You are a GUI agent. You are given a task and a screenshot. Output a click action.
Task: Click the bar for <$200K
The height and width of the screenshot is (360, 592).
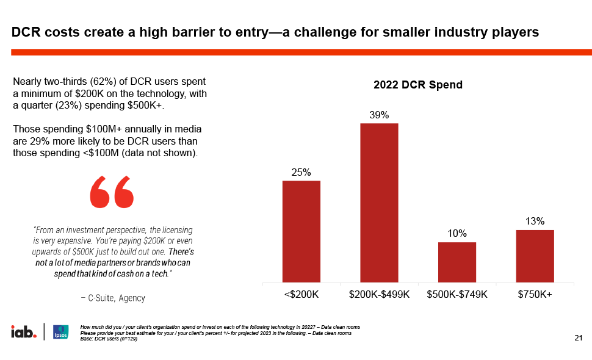[301, 231]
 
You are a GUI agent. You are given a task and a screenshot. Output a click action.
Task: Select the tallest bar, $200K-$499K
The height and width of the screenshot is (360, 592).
[379, 203]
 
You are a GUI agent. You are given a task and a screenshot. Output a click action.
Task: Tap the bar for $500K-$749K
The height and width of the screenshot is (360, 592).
[457, 262]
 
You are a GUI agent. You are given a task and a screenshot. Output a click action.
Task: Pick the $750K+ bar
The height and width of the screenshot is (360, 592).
[535, 256]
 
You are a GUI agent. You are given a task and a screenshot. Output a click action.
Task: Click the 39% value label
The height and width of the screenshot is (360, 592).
[379, 115]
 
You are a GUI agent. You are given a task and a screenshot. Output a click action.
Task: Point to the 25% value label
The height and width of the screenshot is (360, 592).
[301, 173]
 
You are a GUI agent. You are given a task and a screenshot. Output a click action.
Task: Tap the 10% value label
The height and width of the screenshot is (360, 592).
[457, 234]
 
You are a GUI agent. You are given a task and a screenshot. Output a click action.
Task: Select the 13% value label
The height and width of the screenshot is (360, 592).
[535, 221]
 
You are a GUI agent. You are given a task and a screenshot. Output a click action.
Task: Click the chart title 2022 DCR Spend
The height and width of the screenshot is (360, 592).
[418, 85]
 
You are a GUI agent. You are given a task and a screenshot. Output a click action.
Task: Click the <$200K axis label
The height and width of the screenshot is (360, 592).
[301, 294]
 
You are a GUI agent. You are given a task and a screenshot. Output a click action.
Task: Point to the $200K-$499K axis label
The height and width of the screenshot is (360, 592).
[379, 294]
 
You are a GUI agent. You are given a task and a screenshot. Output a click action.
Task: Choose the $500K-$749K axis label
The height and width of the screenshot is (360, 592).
[457, 294]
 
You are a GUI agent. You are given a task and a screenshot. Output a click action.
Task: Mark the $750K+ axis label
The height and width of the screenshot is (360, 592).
[535, 294]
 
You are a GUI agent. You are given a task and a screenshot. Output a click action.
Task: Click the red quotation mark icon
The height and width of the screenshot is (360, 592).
[112, 192]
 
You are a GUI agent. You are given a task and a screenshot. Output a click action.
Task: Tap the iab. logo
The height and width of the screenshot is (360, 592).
[24, 332]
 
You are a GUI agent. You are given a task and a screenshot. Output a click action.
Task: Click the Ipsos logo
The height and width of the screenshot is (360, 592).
[60, 332]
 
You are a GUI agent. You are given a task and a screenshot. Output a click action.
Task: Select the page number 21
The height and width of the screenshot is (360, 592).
[579, 338]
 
